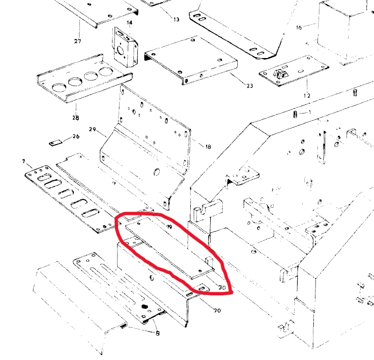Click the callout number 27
click(77, 41)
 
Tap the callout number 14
click(130, 23)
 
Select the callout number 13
click(176, 19)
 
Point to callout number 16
click(299, 27)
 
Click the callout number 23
click(250, 86)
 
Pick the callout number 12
click(307, 96)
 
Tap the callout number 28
click(76, 118)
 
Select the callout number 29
click(92, 129)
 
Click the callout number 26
click(76, 136)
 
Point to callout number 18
click(208, 147)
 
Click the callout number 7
click(23, 161)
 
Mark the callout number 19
click(169, 227)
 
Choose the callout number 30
click(222, 287)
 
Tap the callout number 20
click(217, 310)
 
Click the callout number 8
click(157, 333)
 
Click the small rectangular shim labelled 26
click(56, 143)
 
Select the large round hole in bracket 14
click(121, 50)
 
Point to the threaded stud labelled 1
click(295, 115)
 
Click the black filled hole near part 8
click(145, 307)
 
